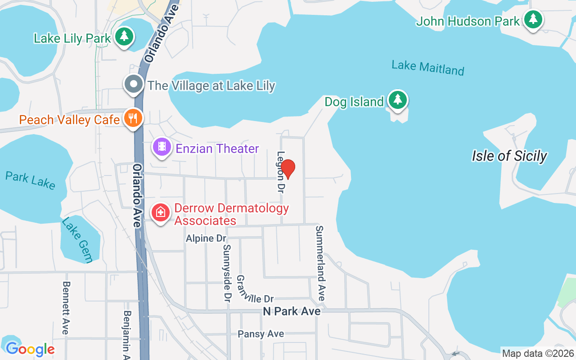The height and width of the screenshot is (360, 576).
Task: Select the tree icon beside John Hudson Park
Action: pyautogui.click(x=533, y=20)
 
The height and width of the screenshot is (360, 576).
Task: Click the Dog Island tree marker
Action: pyautogui.click(x=397, y=100)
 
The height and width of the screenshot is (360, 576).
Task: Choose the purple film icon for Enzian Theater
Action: pyautogui.click(x=162, y=147)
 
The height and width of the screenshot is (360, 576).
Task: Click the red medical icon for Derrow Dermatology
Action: pyautogui.click(x=161, y=212)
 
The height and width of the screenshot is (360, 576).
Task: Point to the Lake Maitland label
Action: pyautogui.click(x=427, y=67)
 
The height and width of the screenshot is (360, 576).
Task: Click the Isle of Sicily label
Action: pyautogui.click(x=509, y=156)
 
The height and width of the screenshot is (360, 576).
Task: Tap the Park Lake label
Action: pyautogui.click(x=31, y=180)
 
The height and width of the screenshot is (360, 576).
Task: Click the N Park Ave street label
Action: pyautogui.click(x=292, y=311)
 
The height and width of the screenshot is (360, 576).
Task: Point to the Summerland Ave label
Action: pyautogui.click(x=320, y=263)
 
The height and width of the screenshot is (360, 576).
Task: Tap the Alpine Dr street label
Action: pyautogui.click(x=206, y=238)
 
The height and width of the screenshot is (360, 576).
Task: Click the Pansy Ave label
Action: pyautogui.click(x=261, y=334)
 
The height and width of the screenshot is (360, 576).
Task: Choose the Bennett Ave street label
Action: pyautogui.click(x=66, y=308)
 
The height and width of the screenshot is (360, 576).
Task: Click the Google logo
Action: pyautogui.click(x=30, y=349)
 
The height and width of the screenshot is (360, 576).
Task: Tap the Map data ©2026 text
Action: pyautogui.click(x=538, y=353)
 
